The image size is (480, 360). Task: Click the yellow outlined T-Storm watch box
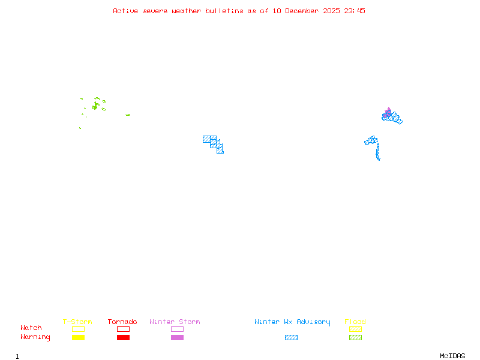(x=78, y=329)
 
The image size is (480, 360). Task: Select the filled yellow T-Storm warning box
(x=78, y=338)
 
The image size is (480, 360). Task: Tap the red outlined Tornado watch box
(x=123, y=329)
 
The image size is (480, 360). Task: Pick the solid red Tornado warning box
(x=123, y=338)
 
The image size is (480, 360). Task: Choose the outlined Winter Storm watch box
(x=177, y=329)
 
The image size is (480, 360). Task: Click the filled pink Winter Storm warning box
(x=177, y=338)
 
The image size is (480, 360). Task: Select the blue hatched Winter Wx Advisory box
(x=291, y=338)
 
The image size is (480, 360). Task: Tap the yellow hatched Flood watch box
(x=355, y=329)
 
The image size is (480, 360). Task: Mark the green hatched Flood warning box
(x=355, y=338)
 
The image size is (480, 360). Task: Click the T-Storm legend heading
(x=77, y=322)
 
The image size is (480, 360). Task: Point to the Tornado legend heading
(x=122, y=322)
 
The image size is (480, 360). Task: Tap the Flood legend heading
(x=355, y=322)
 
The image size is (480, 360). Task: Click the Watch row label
(x=31, y=328)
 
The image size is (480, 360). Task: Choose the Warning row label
(x=35, y=337)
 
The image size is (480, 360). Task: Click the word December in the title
(x=304, y=11)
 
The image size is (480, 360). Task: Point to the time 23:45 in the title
(x=355, y=11)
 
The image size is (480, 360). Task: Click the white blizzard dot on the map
(x=380, y=159)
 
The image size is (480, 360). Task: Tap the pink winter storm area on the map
(x=388, y=112)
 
